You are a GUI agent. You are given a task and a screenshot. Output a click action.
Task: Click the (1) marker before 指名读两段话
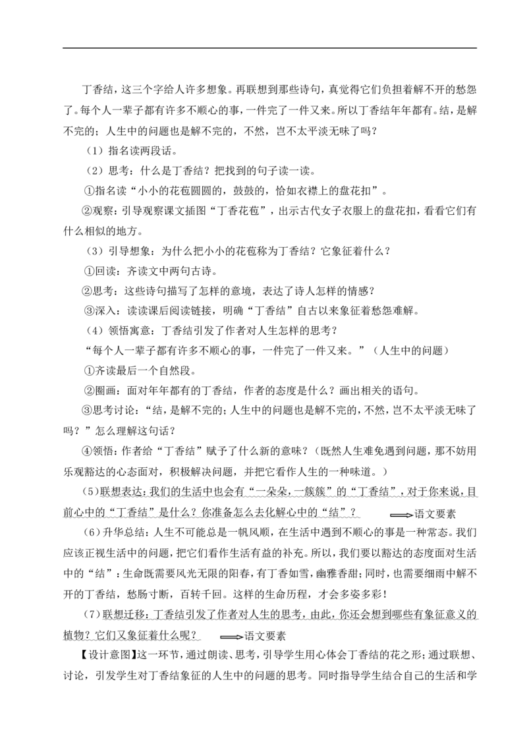click(x=94, y=151)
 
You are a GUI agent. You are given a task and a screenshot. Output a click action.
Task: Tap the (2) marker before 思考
click(x=94, y=171)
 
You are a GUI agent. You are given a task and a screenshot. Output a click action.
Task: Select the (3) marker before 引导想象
click(x=94, y=251)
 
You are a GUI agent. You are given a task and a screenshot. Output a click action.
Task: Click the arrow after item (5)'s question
click(x=402, y=515)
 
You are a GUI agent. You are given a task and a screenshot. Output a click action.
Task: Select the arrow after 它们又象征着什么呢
click(x=232, y=637)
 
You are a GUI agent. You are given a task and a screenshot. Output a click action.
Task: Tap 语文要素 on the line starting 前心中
click(x=435, y=514)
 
